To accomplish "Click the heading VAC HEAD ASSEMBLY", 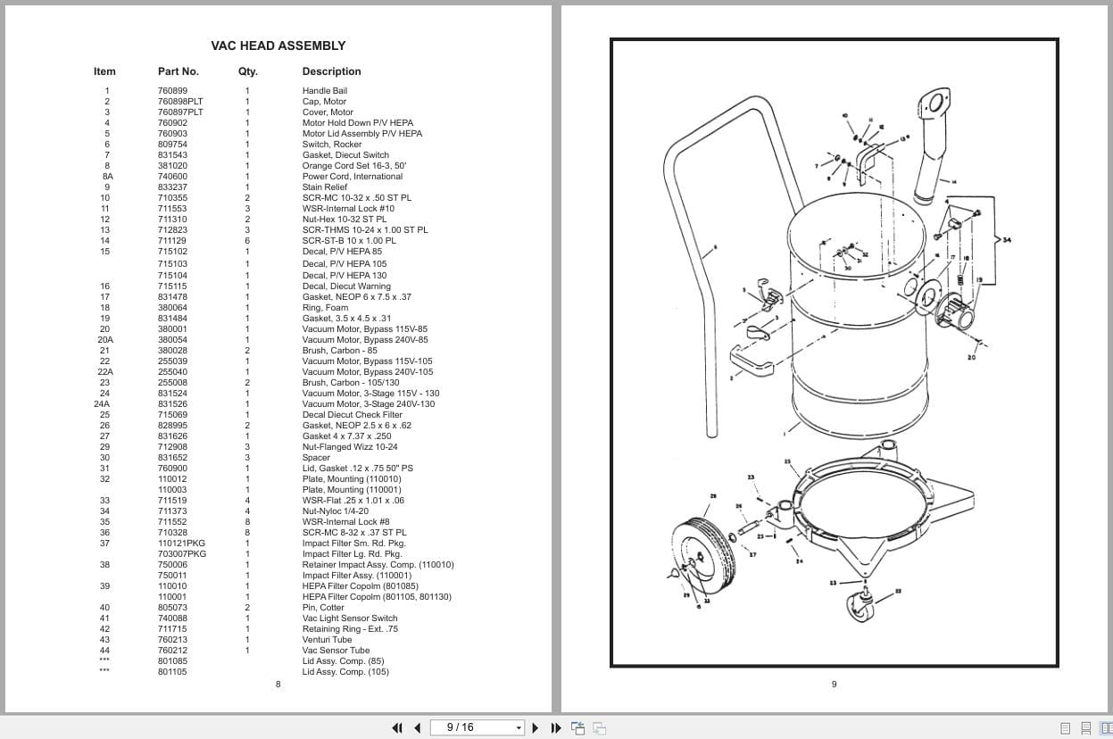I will [x=278, y=46].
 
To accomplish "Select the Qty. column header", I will [x=247, y=71].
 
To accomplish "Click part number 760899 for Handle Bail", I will [x=172, y=91].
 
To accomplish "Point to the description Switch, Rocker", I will [x=331, y=145].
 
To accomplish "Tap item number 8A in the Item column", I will [x=107, y=177].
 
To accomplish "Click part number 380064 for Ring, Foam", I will [x=172, y=308].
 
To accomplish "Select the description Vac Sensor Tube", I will [x=336, y=651].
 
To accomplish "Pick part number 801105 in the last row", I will [x=172, y=672].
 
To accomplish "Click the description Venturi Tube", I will [x=327, y=640].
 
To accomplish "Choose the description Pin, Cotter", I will [x=323, y=608].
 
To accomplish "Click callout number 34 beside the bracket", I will [x=1007, y=239].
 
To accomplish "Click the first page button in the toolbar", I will [x=397, y=727].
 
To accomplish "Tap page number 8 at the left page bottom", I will [x=278, y=685].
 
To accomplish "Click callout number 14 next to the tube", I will [x=953, y=182].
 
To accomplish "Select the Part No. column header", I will [x=178, y=71].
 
